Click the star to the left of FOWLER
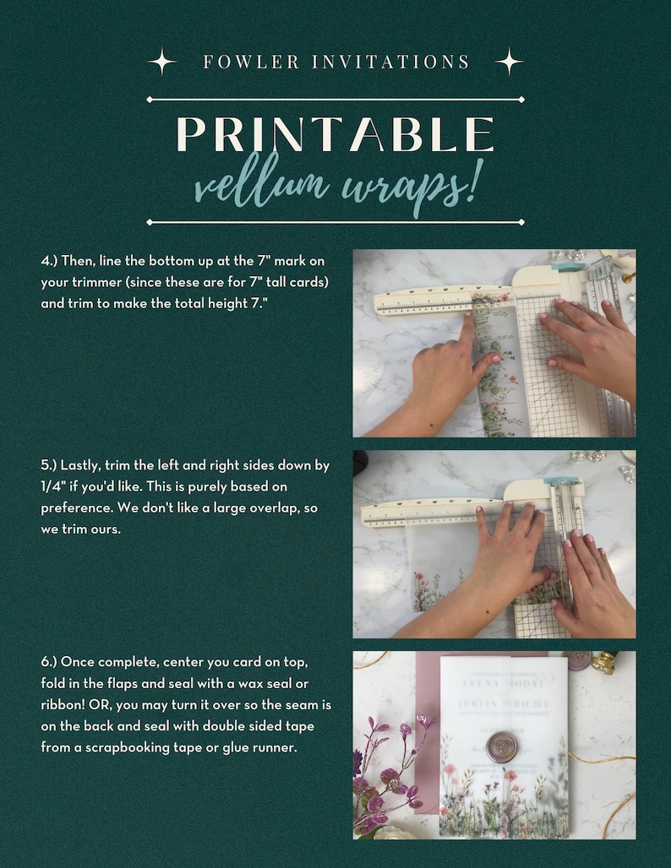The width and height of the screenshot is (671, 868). pyautogui.click(x=161, y=62)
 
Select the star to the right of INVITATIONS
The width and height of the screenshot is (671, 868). pyautogui.click(x=509, y=62)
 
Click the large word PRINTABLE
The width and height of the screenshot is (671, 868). pyautogui.click(x=335, y=134)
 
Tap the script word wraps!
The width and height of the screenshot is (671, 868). pyautogui.click(x=413, y=185)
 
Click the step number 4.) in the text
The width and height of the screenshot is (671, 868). pyautogui.click(x=49, y=262)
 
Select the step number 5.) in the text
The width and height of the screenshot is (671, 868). pyautogui.click(x=49, y=466)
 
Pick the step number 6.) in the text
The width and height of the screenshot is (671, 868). pyautogui.click(x=49, y=660)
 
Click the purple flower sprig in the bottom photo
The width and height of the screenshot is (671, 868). pyautogui.click(x=391, y=760)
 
